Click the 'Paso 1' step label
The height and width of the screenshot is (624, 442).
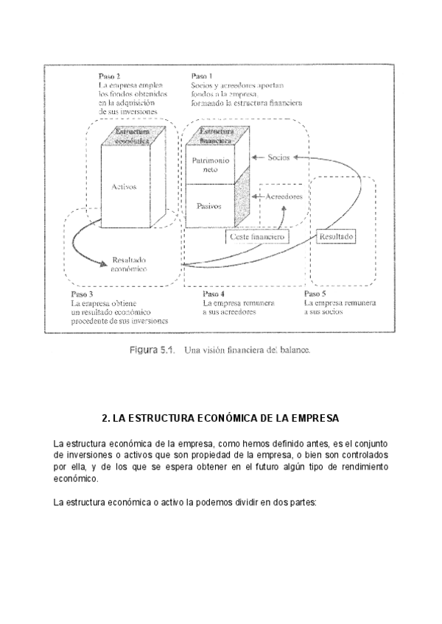(201, 76)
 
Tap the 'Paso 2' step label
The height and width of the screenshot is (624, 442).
(109, 76)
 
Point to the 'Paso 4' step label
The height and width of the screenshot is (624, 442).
(213, 294)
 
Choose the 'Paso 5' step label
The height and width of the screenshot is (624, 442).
(315, 294)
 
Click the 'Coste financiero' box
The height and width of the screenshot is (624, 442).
(257, 237)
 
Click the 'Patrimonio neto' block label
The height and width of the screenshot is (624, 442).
(210, 164)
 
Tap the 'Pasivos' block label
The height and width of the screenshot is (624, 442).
(210, 207)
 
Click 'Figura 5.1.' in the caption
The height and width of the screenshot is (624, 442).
(152, 350)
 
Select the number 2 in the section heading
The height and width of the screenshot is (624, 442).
(105, 418)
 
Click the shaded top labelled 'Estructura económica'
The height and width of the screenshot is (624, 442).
(133, 135)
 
